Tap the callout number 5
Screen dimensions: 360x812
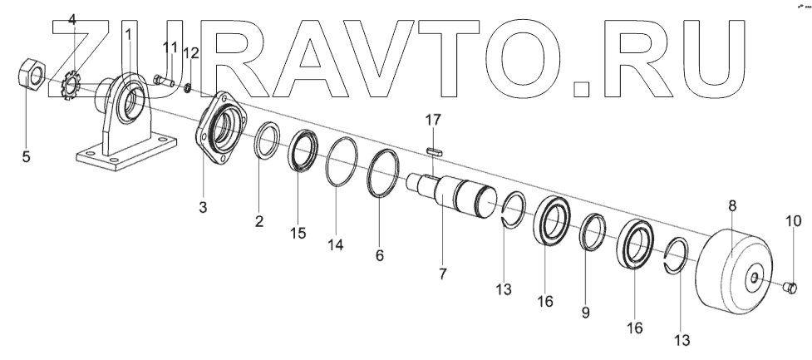click(26, 156)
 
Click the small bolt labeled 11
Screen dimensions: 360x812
click(162, 81)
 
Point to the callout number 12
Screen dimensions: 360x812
click(191, 53)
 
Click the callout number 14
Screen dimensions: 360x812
click(334, 245)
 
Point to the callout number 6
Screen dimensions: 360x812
click(379, 256)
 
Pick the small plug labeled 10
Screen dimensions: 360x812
click(790, 288)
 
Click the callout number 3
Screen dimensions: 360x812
click(203, 206)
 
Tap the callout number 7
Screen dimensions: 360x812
click(442, 273)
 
